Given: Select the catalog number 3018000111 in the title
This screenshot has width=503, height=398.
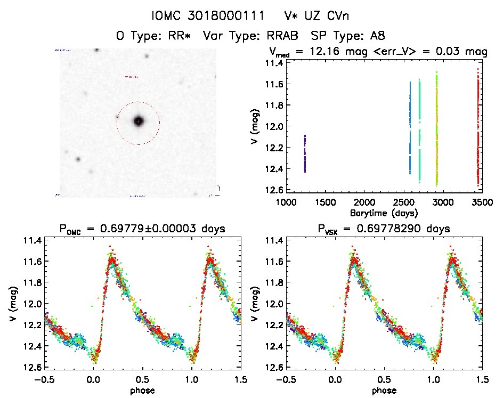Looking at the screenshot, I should (x=234, y=17).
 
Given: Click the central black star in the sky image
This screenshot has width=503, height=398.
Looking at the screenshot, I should (x=139, y=121).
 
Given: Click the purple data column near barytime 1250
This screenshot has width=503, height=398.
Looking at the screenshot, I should (x=305, y=153).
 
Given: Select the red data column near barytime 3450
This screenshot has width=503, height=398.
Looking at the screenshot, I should (x=478, y=128).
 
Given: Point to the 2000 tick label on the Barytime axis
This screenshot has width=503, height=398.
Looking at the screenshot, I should (x=364, y=202).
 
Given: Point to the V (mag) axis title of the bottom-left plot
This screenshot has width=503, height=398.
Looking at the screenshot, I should (x=13, y=304).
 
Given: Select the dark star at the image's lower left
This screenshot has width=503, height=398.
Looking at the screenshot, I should (x=78, y=159).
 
